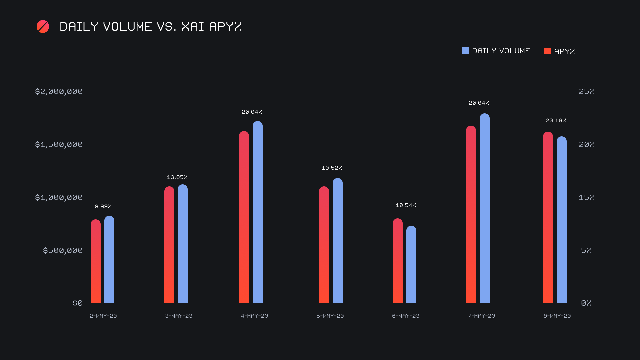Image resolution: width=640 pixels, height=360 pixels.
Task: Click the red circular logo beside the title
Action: tap(43, 27)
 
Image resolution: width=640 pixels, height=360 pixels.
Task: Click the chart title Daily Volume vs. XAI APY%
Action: tap(151, 27)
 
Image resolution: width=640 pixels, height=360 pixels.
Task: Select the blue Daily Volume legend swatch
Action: tap(465, 51)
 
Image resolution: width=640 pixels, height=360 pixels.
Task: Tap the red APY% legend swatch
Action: tap(547, 51)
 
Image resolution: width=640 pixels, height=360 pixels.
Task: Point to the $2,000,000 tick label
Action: tap(59, 91)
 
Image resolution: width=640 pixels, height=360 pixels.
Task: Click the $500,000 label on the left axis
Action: tap(63, 250)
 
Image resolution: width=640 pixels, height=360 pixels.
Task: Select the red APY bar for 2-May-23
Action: tap(96, 262)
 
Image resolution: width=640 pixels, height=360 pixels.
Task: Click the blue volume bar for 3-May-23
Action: tap(183, 244)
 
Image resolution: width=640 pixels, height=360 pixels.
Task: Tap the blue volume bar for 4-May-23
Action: tap(258, 212)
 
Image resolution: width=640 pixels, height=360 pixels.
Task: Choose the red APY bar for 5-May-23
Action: tap(324, 245)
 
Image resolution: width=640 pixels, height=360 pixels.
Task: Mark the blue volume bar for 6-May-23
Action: tap(411, 265)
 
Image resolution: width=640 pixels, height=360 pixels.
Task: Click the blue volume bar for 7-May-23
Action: tap(485, 208)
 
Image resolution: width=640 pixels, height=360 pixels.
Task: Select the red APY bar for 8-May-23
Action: tap(548, 218)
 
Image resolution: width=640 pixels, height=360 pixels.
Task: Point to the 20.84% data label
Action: tap(479, 103)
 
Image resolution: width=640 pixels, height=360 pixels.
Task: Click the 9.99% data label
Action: tap(103, 207)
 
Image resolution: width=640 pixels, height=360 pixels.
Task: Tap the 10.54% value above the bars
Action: tap(406, 205)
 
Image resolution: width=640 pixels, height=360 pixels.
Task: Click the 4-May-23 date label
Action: tap(254, 316)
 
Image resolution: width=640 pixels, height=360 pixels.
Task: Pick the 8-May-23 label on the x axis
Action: tap(557, 316)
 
